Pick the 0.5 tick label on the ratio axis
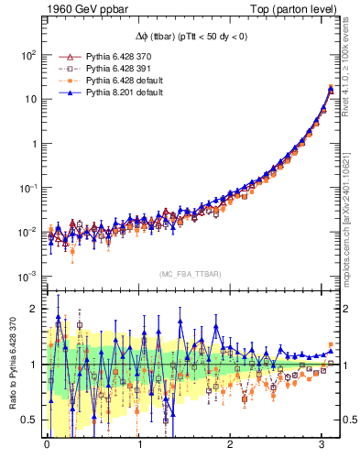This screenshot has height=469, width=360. (x=26, y=420)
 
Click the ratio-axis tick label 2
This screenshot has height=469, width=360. (x=30, y=309)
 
